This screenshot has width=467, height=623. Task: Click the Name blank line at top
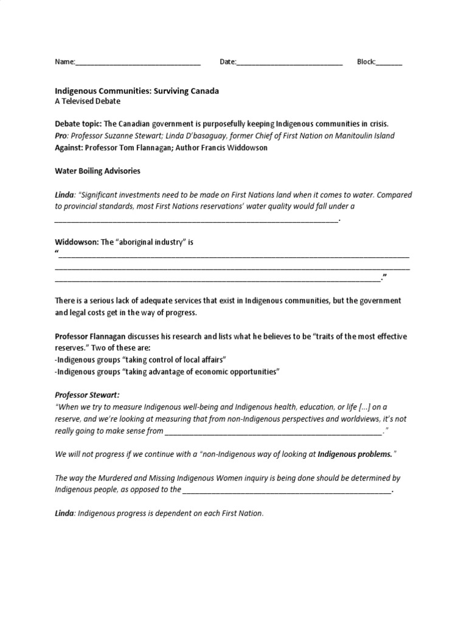(x=138, y=63)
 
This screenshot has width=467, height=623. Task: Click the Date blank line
(x=289, y=63)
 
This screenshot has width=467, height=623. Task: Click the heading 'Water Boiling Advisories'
(x=98, y=171)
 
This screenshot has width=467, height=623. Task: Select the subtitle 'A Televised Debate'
(x=88, y=101)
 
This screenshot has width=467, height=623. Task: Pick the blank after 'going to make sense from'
(x=273, y=433)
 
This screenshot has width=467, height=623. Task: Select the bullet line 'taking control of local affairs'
(x=141, y=360)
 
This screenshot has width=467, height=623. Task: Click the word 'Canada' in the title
(x=204, y=91)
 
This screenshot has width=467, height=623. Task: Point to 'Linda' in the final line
(x=64, y=513)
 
